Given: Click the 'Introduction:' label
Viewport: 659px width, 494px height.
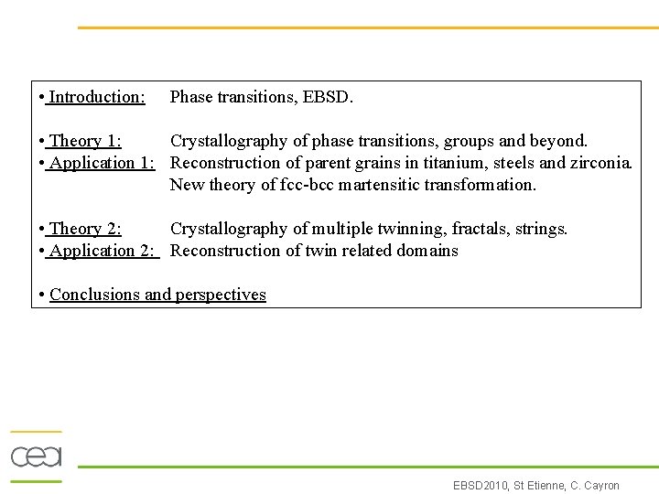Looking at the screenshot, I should click(96, 97).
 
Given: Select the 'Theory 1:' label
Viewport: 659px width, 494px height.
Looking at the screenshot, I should click(86, 141).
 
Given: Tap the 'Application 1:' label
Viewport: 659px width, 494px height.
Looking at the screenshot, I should click(102, 163).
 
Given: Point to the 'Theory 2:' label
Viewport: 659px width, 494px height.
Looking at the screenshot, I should click(85, 229).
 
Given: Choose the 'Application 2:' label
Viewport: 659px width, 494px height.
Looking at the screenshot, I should click(102, 251).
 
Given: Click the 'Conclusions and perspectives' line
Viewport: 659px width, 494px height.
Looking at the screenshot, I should click(157, 295).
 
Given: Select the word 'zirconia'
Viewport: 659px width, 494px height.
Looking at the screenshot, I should click(600, 163).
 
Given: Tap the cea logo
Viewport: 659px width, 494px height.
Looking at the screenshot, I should click(36, 456).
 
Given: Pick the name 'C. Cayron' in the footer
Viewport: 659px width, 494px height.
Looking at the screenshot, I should click(596, 486).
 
